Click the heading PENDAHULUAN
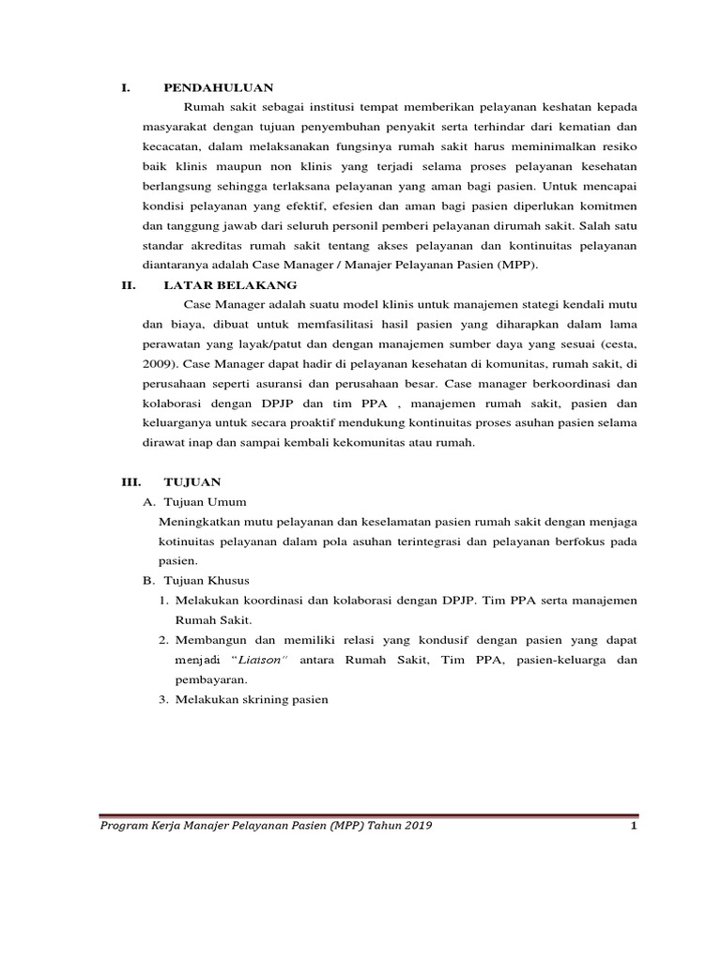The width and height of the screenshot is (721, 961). [218, 88]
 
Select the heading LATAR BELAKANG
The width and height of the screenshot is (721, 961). [230, 284]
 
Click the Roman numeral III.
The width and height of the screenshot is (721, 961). [130, 481]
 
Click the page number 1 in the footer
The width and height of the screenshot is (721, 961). [635, 826]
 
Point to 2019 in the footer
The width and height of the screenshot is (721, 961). [414, 826]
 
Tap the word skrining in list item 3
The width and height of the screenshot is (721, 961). [250, 699]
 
